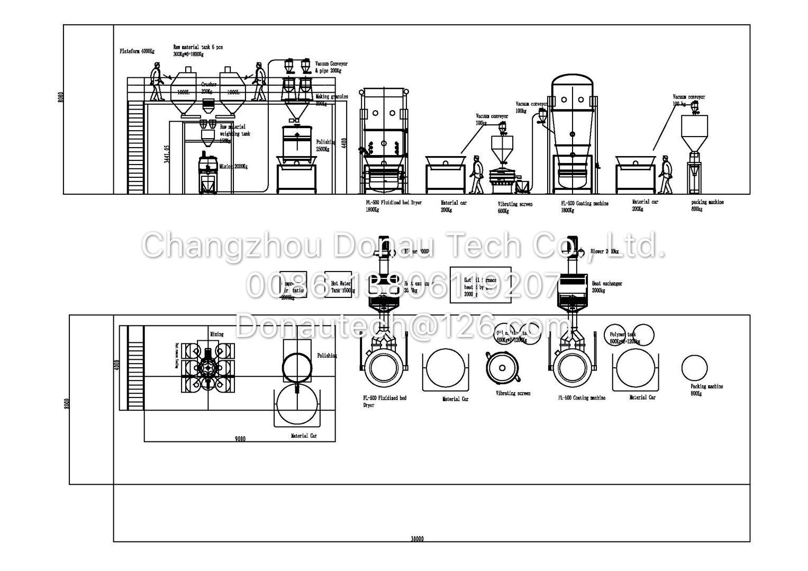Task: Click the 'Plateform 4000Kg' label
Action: (137, 51)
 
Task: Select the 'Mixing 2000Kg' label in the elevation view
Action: (233, 167)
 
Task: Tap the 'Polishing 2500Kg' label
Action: (326, 146)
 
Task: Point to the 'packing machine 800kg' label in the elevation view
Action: (707, 205)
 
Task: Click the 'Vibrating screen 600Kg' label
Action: (515, 207)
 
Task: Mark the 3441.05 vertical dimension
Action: (167, 153)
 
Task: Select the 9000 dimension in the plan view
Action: (240, 439)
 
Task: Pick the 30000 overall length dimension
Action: (417, 539)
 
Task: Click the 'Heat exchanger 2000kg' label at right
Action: (606, 287)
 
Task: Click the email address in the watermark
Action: (402, 325)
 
